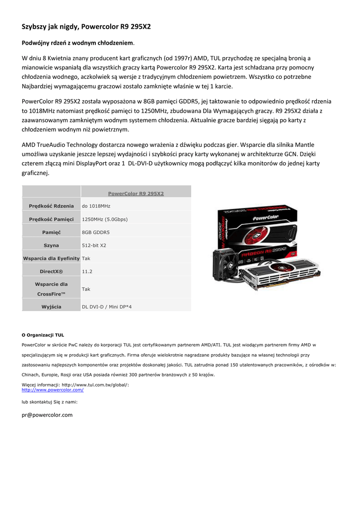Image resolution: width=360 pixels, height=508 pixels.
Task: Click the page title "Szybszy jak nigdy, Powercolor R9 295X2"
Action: pos(86,26)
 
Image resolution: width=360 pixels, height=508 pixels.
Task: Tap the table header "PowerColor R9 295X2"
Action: pos(136,193)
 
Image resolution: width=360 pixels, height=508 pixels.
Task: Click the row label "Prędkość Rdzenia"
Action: pos(51,206)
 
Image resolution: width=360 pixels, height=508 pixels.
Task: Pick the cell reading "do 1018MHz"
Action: pos(96,206)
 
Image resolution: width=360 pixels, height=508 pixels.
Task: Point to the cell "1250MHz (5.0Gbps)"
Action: pos(104,219)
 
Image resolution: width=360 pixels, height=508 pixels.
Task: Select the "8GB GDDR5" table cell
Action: pos(95,232)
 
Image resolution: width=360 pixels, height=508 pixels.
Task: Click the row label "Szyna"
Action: pos(51,245)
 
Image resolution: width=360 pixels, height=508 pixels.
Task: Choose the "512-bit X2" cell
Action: pos(94,245)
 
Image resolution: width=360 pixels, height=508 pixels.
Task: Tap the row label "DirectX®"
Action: pos(51,271)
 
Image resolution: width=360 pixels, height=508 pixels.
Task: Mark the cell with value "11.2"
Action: pos(87,271)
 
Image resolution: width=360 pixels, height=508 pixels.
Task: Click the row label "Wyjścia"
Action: pos(51,307)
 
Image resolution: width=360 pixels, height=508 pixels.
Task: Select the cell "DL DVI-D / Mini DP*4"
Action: pos(106,307)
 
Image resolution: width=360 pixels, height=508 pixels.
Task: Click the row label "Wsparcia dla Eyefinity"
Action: pos(51,258)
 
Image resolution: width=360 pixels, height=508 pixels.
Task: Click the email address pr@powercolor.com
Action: pos(47,415)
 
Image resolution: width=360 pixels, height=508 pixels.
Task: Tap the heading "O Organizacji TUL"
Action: pos(43,335)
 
